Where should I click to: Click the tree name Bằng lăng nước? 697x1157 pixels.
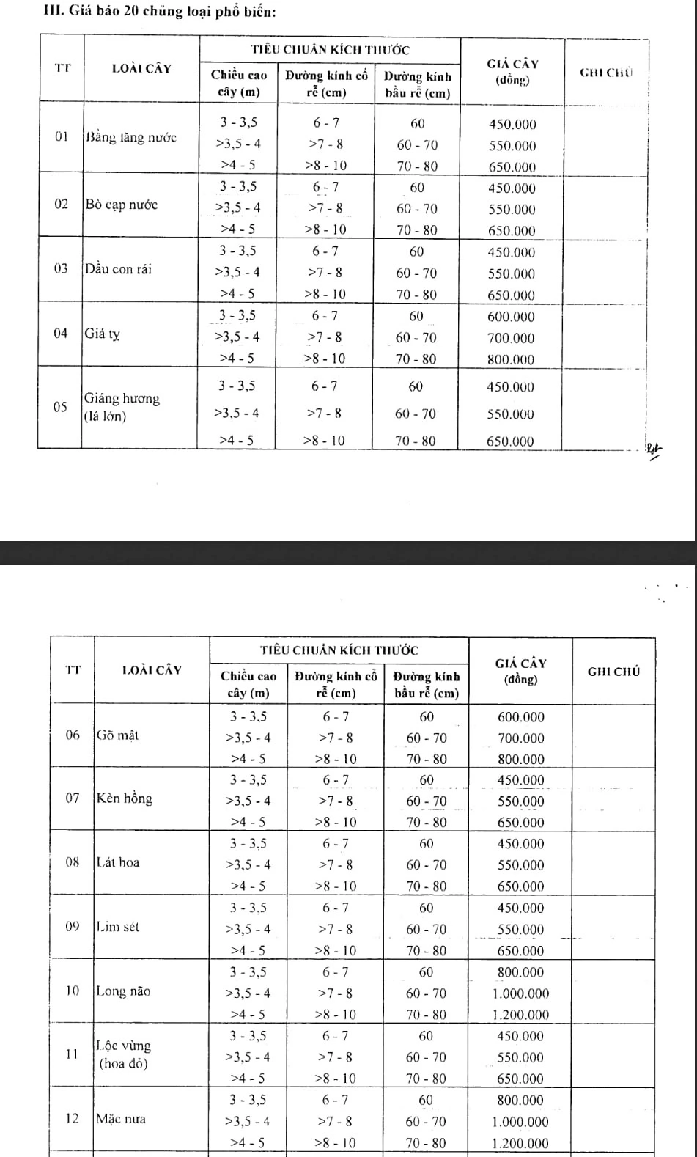(131, 138)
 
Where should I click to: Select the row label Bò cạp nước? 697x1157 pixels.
(122, 205)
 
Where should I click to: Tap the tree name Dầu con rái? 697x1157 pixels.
(119, 269)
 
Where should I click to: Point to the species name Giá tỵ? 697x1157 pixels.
(103, 334)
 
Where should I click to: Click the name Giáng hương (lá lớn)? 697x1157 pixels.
(122, 407)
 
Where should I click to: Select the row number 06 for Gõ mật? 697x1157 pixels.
(73, 735)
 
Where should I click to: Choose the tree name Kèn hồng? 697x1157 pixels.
(125, 798)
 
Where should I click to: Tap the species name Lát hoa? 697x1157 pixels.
(118, 862)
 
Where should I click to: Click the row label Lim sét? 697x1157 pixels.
(118, 927)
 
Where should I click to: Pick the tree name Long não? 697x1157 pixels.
(123, 991)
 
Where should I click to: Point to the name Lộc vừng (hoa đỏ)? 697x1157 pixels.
(124, 1054)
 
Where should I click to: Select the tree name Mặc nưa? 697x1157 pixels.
(121, 1119)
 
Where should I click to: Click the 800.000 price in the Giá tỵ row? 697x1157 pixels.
(512, 359)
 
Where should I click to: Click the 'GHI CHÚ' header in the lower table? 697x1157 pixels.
(614, 671)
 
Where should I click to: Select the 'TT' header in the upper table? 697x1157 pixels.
(62, 68)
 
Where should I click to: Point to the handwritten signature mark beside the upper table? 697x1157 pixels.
(652, 449)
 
